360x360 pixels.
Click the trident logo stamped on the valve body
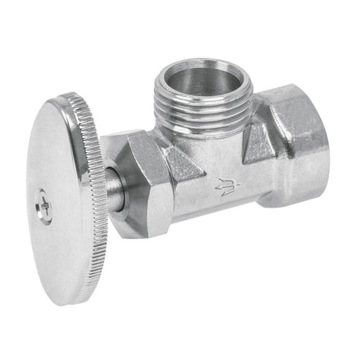click(225, 186)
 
